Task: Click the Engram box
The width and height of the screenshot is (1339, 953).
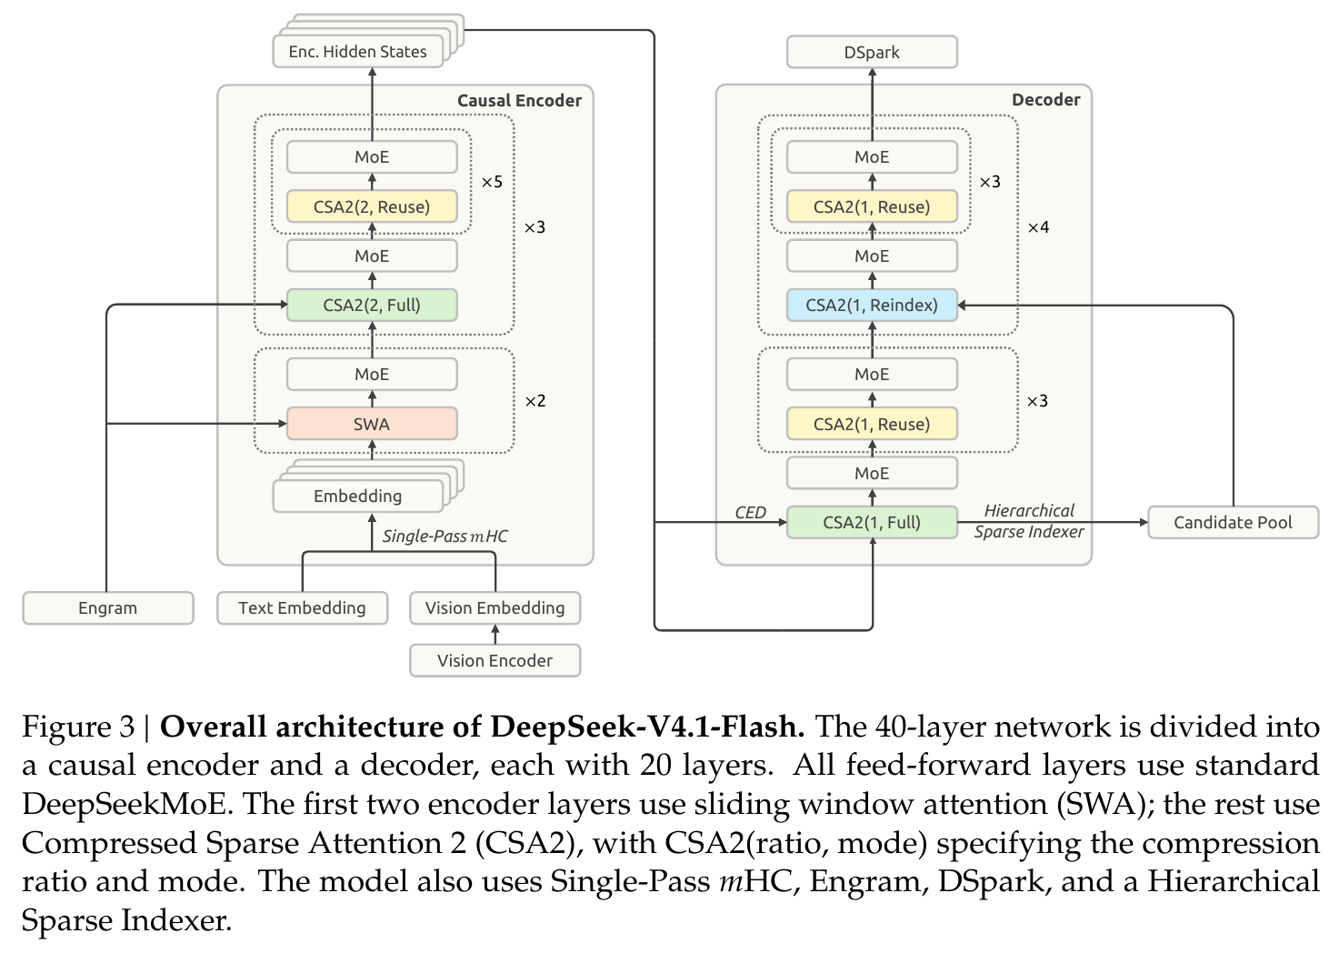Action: click(108, 608)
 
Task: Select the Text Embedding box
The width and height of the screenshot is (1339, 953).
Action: click(302, 608)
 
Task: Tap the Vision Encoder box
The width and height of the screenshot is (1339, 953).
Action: click(495, 660)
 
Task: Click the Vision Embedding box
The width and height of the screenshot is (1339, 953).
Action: click(495, 608)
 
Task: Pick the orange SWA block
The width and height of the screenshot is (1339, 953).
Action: click(372, 424)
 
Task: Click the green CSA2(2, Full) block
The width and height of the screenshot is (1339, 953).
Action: click(372, 305)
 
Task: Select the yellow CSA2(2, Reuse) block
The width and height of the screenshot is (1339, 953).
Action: click(372, 206)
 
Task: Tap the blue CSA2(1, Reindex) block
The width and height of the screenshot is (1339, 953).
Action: click(872, 305)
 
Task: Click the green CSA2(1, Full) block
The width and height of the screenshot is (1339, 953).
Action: click(872, 523)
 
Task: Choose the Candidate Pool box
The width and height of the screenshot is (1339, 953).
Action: click(1233, 523)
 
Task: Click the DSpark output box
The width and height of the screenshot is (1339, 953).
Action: click(872, 52)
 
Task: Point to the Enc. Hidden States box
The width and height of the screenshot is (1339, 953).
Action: click(357, 52)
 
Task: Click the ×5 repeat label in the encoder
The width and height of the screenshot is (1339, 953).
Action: click(492, 182)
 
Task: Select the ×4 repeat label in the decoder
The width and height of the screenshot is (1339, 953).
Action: click(1038, 227)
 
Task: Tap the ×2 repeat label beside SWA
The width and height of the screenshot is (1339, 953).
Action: click(535, 401)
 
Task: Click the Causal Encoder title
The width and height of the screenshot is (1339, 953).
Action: click(519, 100)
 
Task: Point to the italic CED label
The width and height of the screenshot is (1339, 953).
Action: click(750, 512)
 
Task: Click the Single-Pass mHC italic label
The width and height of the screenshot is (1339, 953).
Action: click(445, 537)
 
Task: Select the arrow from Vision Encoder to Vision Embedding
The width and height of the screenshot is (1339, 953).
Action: click(495, 635)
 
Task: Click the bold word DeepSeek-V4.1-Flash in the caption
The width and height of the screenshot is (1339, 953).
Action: click(647, 727)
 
